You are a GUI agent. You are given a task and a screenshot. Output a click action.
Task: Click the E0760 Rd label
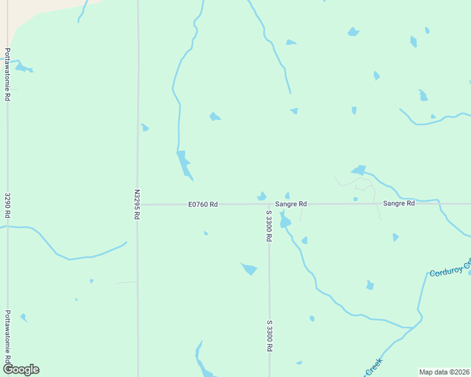203,204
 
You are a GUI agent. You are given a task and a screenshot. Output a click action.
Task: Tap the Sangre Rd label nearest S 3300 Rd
290,204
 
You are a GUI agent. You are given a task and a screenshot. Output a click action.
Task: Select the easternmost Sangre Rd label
399,204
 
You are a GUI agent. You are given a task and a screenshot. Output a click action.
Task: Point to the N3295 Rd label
137,204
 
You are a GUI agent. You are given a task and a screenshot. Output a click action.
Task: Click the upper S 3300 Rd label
269,226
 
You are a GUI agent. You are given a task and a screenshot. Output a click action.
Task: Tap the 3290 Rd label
8,205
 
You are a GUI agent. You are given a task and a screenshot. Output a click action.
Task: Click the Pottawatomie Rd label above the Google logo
8,336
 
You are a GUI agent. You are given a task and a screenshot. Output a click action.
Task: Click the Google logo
20,369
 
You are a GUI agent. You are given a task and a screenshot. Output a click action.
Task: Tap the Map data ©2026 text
444,371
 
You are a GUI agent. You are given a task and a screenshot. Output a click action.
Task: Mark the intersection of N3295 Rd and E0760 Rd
137,204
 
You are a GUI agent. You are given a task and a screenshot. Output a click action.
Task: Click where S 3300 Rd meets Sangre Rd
269,204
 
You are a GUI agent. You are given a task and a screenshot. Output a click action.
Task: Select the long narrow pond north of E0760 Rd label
184,165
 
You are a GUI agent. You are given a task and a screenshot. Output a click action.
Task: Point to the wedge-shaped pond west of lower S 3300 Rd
249,269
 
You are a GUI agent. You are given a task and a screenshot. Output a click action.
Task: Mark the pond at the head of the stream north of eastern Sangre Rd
359,170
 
